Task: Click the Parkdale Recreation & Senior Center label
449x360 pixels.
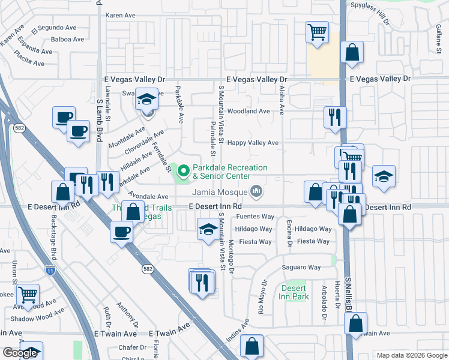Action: pyautogui.click(x=230, y=173)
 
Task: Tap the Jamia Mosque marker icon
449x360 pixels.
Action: pyautogui.click(x=257, y=192)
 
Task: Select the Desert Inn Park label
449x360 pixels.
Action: pyautogui.click(x=295, y=292)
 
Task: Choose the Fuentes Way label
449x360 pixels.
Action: pyautogui.click(x=255, y=217)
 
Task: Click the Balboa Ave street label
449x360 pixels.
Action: pyautogui.click(x=68, y=40)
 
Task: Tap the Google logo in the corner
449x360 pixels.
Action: pyautogui.click(x=20, y=353)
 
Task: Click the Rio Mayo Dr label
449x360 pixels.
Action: pyautogui.click(x=262, y=297)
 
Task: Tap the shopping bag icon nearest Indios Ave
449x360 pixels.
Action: pyautogui.click(x=252, y=346)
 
